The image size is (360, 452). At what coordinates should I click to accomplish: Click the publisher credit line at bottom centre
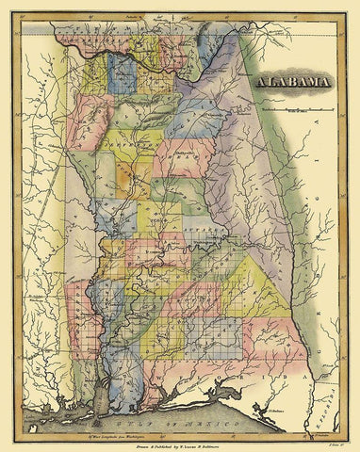[184, 425]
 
